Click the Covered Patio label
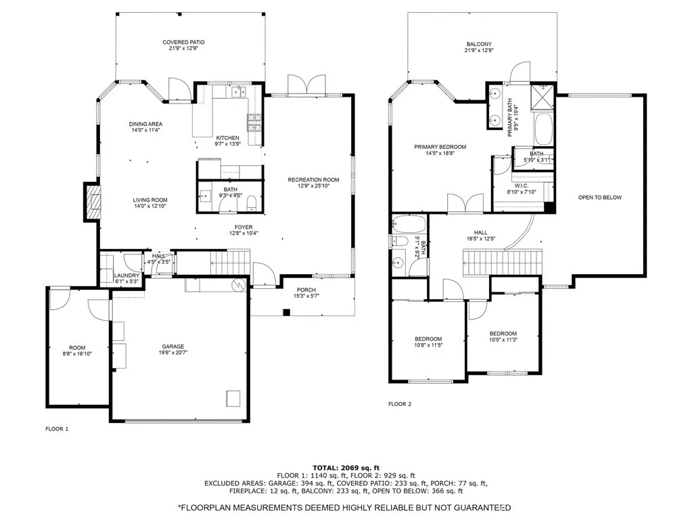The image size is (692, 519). click(x=183, y=43)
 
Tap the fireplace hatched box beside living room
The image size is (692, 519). click(x=93, y=202)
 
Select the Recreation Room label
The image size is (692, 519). click(x=313, y=179)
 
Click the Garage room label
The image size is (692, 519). click(x=173, y=346)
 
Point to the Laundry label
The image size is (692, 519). click(x=126, y=275)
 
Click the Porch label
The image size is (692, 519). click(x=306, y=290)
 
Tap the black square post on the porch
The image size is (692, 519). click(x=286, y=313)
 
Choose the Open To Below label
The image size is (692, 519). click(x=600, y=198)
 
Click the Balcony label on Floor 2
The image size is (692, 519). click(x=479, y=44)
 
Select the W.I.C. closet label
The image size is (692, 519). click(x=522, y=186)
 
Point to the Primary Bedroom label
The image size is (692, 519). click(x=440, y=147)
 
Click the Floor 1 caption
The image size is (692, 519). click(x=57, y=428)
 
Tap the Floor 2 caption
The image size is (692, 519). click(x=400, y=404)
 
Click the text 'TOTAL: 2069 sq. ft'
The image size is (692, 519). click(x=346, y=468)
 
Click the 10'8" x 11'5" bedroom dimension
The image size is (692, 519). click(x=428, y=345)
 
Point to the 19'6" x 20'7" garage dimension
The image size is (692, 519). click(x=173, y=353)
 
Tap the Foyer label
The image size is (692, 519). click(x=244, y=227)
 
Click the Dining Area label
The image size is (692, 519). click(x=145, y=124)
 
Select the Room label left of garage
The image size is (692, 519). click(x=77, y=348)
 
